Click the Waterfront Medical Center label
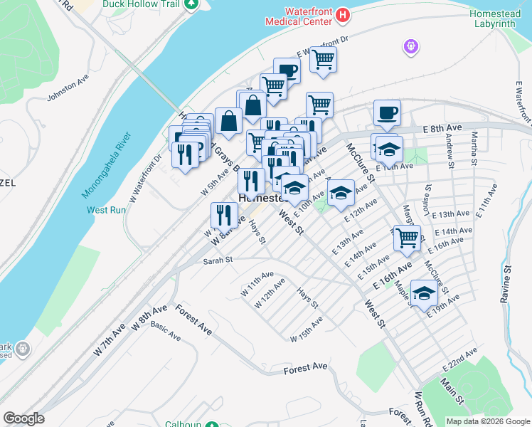click(x=298, y=16)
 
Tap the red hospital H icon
click(x=343, y=14)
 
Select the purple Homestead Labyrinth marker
click(x=410, y=48)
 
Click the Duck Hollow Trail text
click(x=142, y=4)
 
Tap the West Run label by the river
click(x=106, y=210)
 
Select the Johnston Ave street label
click(x=67, y=95)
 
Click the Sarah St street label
click(x=218, y=260)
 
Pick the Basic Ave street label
click(x=165, y=332)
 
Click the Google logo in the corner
click(x=23, y=418)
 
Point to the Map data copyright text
click(x=488, y=421)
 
